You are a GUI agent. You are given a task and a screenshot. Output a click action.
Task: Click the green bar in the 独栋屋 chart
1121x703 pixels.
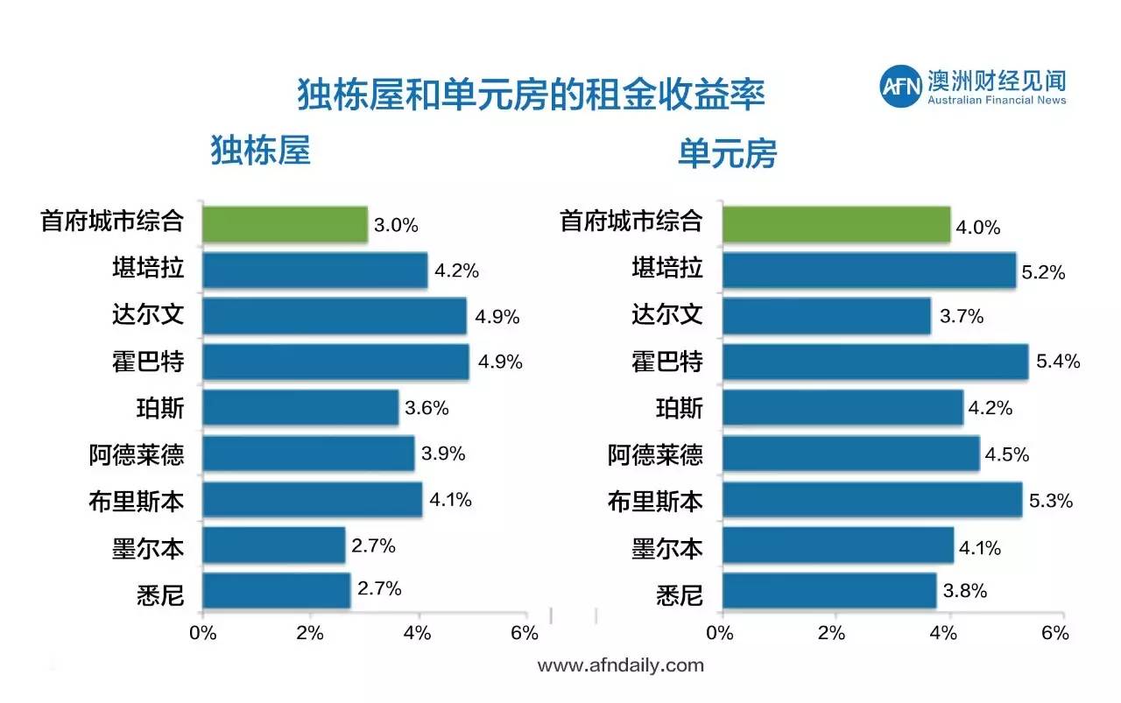pyautogui.click(x=285, y=224)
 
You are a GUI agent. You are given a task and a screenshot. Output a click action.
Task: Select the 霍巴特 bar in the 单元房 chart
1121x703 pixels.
pyautogui.click(x=875, y=362)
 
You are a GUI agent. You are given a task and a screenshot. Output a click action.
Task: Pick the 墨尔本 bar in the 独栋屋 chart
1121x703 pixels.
pyautogui.click(x=273, y=545)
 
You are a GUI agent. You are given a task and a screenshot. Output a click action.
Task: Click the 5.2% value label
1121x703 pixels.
pyautogui.click(x=1043, y=272)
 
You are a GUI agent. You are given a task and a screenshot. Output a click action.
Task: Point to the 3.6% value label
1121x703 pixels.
pyautogui.click(x=427, y=408)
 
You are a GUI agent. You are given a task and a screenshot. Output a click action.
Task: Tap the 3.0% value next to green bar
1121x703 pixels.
pyautogui.click(x=396, y=225)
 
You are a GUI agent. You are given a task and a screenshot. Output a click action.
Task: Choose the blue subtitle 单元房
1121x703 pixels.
pyautogui.click(x=727, y=154)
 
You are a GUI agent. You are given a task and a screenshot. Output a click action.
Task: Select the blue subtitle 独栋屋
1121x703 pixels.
pyautogui.click(x=261, y=151)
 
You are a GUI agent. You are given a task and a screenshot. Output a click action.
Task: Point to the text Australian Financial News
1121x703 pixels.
pyautogui.click(x=997, y=101)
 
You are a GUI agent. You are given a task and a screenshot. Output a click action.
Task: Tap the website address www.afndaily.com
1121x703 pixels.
pyautogui.click(x=620, y=665)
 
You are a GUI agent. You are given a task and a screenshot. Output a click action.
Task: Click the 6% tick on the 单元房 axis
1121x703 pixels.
pyautogui.click(x=1055, y=633)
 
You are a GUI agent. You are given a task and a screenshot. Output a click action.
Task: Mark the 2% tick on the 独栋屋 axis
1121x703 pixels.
pyautogui.click(x=310, y=633)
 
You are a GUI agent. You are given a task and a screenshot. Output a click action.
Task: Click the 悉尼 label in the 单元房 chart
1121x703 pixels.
pyautogui.click(x=679, y=595)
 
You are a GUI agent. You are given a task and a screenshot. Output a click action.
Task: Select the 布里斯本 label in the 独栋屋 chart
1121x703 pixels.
pyautogui.click(x=137, y=502)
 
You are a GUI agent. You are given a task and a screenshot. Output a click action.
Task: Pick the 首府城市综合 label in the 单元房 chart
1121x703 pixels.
pyautogui.click(x=631, y=221)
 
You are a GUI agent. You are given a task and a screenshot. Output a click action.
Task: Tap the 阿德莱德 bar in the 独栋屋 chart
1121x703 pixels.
pyautogui.click(x=308, y=453)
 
